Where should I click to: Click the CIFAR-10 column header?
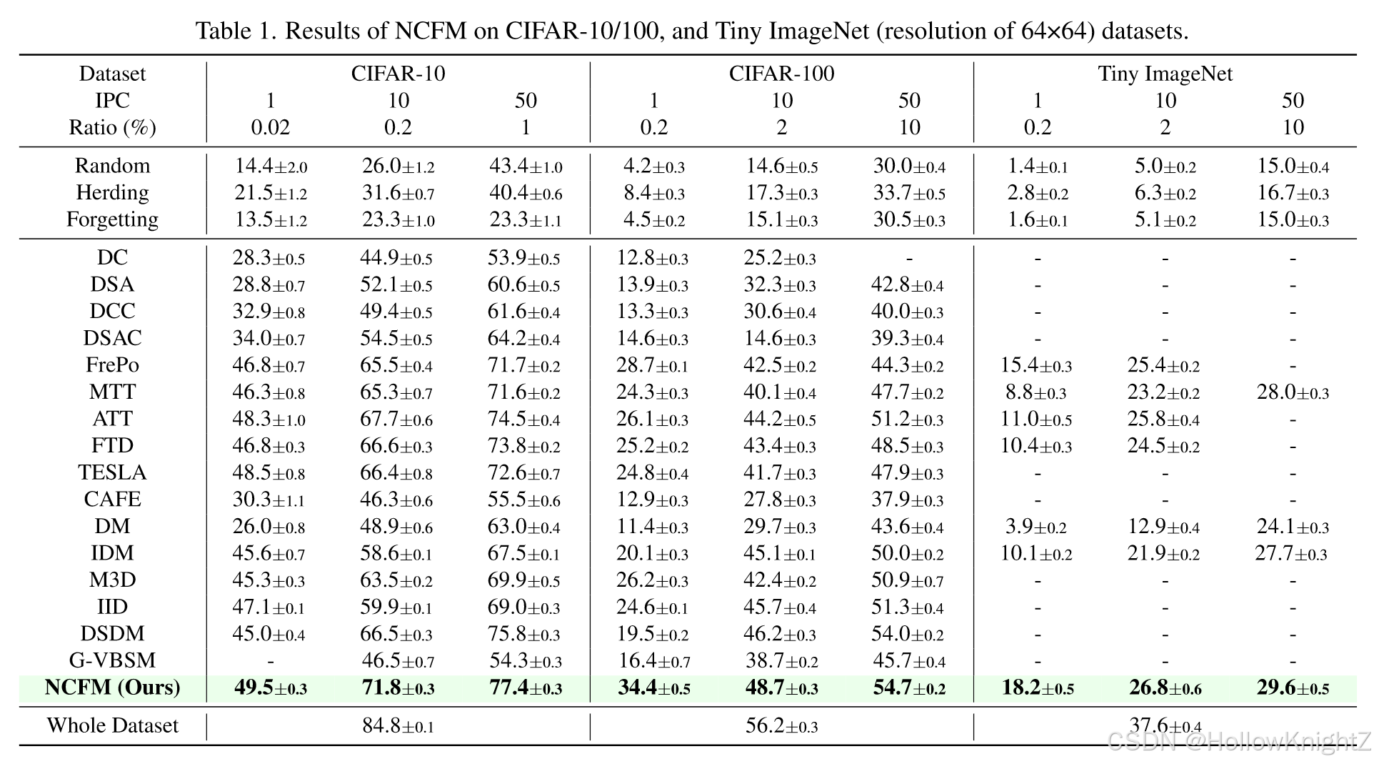[398, 74]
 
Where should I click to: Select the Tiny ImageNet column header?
[1165, 74]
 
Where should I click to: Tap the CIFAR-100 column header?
[781, 74]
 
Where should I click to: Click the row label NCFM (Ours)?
[112, 688]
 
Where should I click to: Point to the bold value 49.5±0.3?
[270, 688]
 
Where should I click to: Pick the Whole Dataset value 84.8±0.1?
[398, 726]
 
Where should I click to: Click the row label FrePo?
[112, 365]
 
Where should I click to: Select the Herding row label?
[112, 193]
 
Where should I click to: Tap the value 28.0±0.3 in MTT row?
[1292, 392]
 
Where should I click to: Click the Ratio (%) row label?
[112, 127]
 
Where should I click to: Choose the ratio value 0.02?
[270, 127]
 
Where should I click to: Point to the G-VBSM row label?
[112, 660]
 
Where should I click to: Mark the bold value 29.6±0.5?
[1292, 688]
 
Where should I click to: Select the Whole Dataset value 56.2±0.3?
[781, 726]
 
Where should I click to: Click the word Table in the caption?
[220, 31]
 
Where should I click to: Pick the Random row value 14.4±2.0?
[271, 166]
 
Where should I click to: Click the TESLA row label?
[112, 472]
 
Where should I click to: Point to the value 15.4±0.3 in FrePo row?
[1035, 365]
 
